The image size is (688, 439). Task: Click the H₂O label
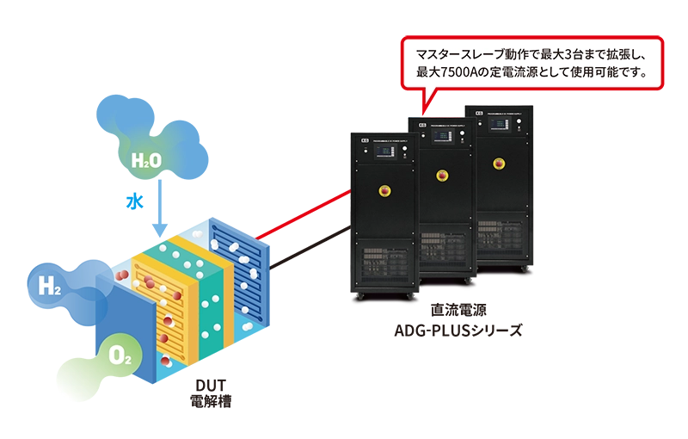pyautogui.click(x=145, y=160)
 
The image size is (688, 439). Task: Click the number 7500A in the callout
pyautogui.click(x=464, y=72)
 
